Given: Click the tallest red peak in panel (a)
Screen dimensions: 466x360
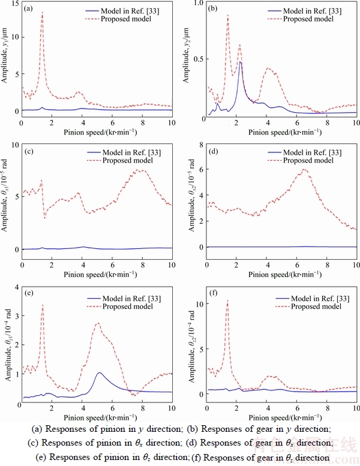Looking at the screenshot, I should (42, 12).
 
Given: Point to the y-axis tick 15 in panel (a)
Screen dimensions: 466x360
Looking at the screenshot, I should (16, 5).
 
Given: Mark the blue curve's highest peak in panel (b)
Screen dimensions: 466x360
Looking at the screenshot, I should (240, 62).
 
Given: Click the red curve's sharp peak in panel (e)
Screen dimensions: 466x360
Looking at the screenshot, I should (43, 305).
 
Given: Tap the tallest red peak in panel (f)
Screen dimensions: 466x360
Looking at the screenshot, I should (227, 300).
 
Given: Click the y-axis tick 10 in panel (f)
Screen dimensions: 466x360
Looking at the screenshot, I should (199, 304).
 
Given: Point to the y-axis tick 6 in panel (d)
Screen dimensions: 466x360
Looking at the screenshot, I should (200, 169).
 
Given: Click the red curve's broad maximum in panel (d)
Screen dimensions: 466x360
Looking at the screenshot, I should (304, 169).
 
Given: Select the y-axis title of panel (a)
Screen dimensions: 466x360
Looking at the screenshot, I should (6, 60).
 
